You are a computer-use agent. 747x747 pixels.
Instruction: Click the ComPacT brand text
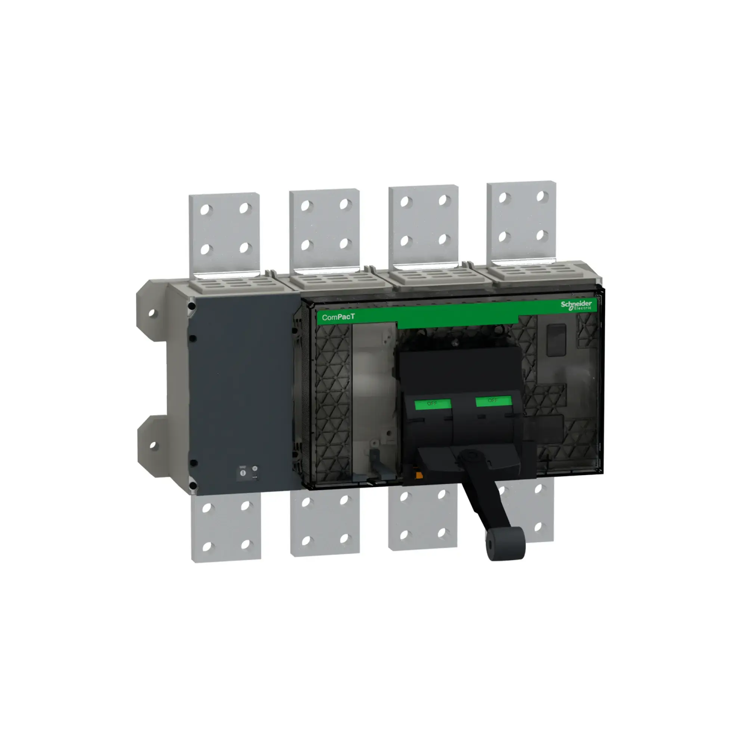338,317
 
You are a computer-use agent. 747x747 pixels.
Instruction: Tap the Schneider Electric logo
576,305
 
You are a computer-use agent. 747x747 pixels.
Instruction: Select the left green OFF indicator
432,404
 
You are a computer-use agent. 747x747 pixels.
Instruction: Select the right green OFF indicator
493,400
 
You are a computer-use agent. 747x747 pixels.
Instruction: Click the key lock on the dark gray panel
243,472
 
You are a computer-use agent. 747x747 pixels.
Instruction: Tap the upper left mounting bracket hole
152,312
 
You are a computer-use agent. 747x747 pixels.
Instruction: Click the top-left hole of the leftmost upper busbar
206,210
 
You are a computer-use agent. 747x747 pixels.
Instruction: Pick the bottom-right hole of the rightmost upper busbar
542,235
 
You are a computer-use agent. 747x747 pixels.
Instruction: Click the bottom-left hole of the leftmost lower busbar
207,546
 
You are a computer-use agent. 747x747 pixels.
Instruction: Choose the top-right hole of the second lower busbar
344,500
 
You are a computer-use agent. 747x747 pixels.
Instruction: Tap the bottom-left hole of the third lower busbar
404,535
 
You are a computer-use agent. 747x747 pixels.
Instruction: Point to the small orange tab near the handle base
418,475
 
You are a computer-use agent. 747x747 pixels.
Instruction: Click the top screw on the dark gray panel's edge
191,307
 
